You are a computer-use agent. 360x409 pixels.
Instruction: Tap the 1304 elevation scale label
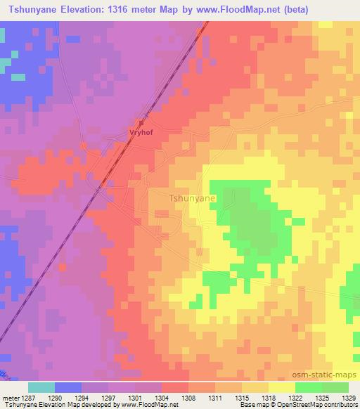pyautogui.click(x=163, y=398)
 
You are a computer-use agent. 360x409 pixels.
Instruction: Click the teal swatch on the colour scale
pyautogui.click(x=41, y=387)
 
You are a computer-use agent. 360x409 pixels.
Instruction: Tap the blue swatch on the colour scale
pyautogui.click(x=68, y=387)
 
